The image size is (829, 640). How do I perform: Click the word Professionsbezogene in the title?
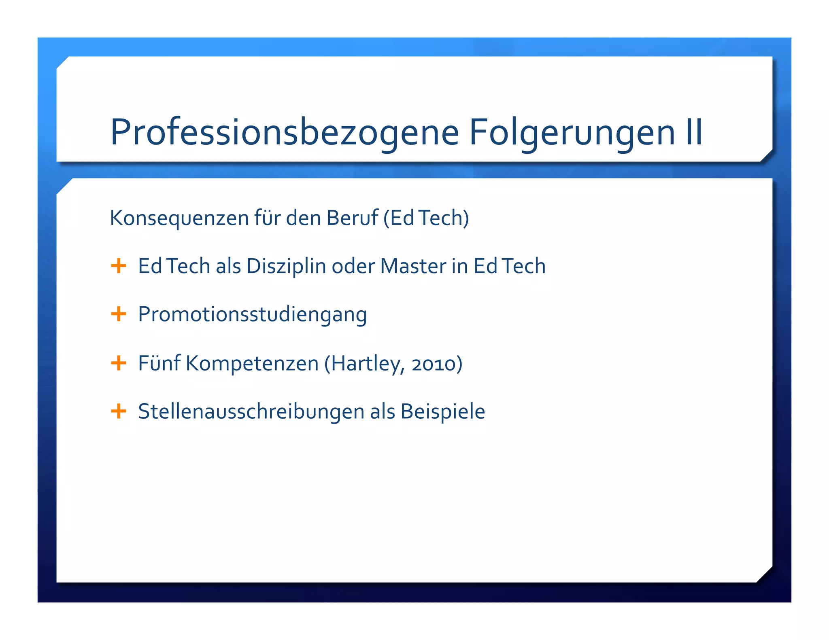[285, 132]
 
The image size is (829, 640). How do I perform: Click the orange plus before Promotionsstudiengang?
[119, 314]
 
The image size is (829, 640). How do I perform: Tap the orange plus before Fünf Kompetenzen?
[119, 363]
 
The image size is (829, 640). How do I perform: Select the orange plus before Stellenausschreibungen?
[119, 411]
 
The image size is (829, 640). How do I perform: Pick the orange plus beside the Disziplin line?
[119, 266]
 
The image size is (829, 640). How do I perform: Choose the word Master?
[413, 266]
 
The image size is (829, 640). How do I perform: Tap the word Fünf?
[159, 363]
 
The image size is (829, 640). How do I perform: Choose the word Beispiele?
[442, 412]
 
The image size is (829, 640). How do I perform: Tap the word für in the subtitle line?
[267, 218]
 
